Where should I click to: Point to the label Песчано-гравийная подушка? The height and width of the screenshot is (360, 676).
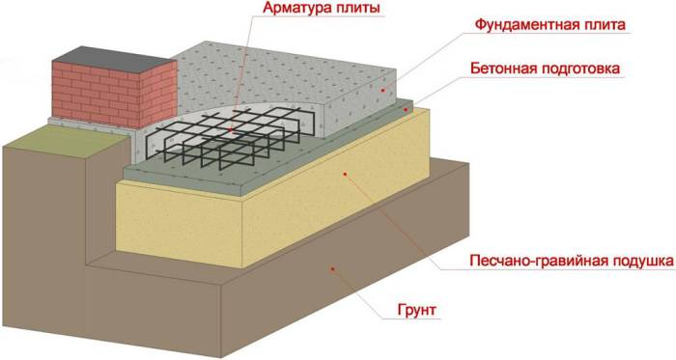569,262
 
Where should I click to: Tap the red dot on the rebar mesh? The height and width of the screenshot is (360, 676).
231,128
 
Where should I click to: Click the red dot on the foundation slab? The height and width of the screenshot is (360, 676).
382,90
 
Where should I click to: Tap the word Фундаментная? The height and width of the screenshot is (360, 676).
521,24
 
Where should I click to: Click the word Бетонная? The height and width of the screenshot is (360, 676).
508,69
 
